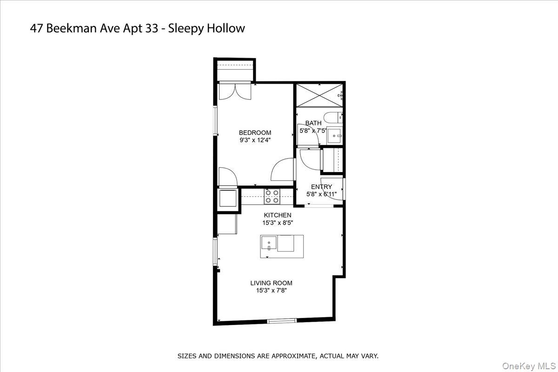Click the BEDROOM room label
click(255, 133)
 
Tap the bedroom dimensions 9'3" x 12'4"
click(255, 140)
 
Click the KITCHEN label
click(277, 215)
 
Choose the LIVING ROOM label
click(271, 283)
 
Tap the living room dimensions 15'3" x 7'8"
click(271, 291)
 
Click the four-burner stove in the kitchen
click(272, 196)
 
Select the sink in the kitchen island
click(268, 243)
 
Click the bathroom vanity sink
click(335, 135)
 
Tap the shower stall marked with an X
click(319, 96)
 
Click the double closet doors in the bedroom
click(235, 91)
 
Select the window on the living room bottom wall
click(282, 320)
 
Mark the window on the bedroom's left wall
click(215, 122)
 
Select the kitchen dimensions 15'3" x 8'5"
click(277, 223)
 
